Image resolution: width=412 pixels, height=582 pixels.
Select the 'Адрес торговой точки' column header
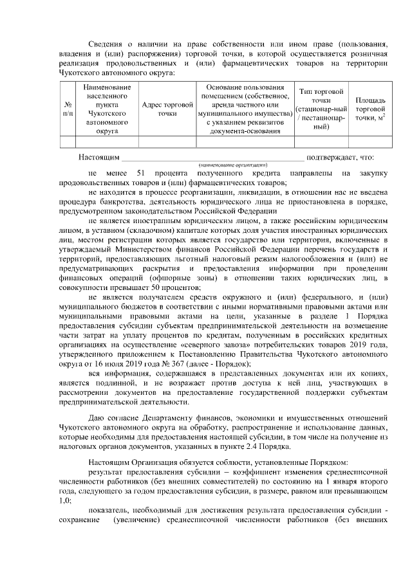[x=167, y=108]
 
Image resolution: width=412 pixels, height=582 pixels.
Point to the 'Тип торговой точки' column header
[x=321, y=108]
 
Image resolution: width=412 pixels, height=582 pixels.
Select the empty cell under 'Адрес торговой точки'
[x=167, y=142]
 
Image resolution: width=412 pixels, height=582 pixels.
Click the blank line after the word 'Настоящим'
[x=212, y=157]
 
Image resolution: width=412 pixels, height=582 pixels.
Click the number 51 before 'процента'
[x=143, y=173]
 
